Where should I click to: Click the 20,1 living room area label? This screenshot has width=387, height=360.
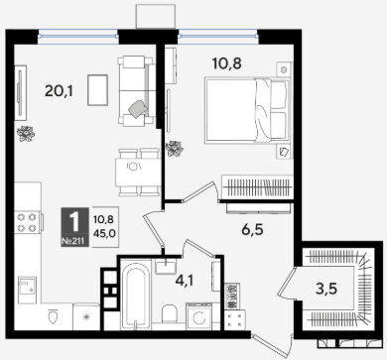pyautogui.click(x=59, y=90)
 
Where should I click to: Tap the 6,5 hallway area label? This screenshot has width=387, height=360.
pyautogui.click(x=252, y=229)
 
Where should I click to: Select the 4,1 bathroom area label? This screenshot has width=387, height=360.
pyautogui.click(x=185, y=281)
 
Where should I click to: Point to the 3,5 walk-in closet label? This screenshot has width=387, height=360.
pyautogui.click(x=326, y=289)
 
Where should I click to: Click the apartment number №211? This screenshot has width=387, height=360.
pyautogui.click(x=75, y=242)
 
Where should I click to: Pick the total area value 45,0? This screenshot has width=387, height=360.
pyautogui.click(x=104, y=234)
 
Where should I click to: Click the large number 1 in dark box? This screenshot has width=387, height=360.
pyautogui.click(x=74, y=222)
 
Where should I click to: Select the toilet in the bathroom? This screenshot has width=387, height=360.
pyautogui.click(x=170, y=313)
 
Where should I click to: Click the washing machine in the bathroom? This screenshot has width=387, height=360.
pyautogui.click(x=198, y=316)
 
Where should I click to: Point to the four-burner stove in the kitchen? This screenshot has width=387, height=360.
pyautogui.click(x=28, y=222)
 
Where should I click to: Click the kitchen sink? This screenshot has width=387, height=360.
pyautogui.click(x=27, y=290)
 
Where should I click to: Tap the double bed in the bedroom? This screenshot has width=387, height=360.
pyautogui.click(x=247, y=110)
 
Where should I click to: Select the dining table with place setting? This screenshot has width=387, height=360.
pyautogui.click(x=138, y=173)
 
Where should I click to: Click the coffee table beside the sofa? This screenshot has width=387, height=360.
pyautogui.click(x=97, y=90)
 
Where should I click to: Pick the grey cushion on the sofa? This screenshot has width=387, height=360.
pyautogui.click(x=139, y=109)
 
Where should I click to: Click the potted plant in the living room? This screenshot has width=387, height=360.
pyautogui.click(x=26, y=134)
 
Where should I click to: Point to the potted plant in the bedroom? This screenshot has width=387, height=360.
pyautogui.click(x=175, y=149)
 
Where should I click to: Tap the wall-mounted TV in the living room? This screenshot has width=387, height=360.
pyautogui.click(x=21, y=93)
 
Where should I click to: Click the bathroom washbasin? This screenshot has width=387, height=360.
pyautogui.click(x=166, y=266)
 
